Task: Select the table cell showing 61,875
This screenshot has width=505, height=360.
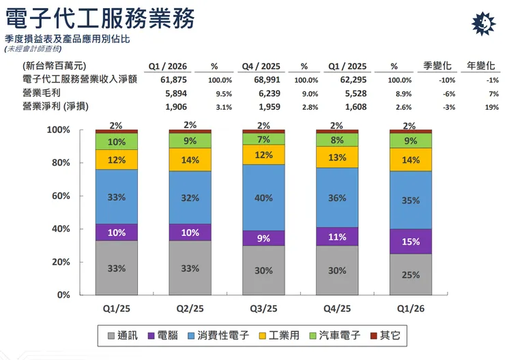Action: [x=162, y=80]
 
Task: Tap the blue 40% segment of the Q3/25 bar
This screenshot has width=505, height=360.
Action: [x=263, y=198]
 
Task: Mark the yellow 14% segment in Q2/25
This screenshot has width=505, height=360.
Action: [x=190, y=160]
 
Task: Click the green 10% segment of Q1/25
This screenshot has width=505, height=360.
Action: [x=116, y=142]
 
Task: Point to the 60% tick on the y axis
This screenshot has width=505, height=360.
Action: [x=79, y=196]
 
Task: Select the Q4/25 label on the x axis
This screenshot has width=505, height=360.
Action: [x=336, y=309]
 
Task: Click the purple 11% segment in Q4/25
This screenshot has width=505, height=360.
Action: [x=336, y=238]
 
